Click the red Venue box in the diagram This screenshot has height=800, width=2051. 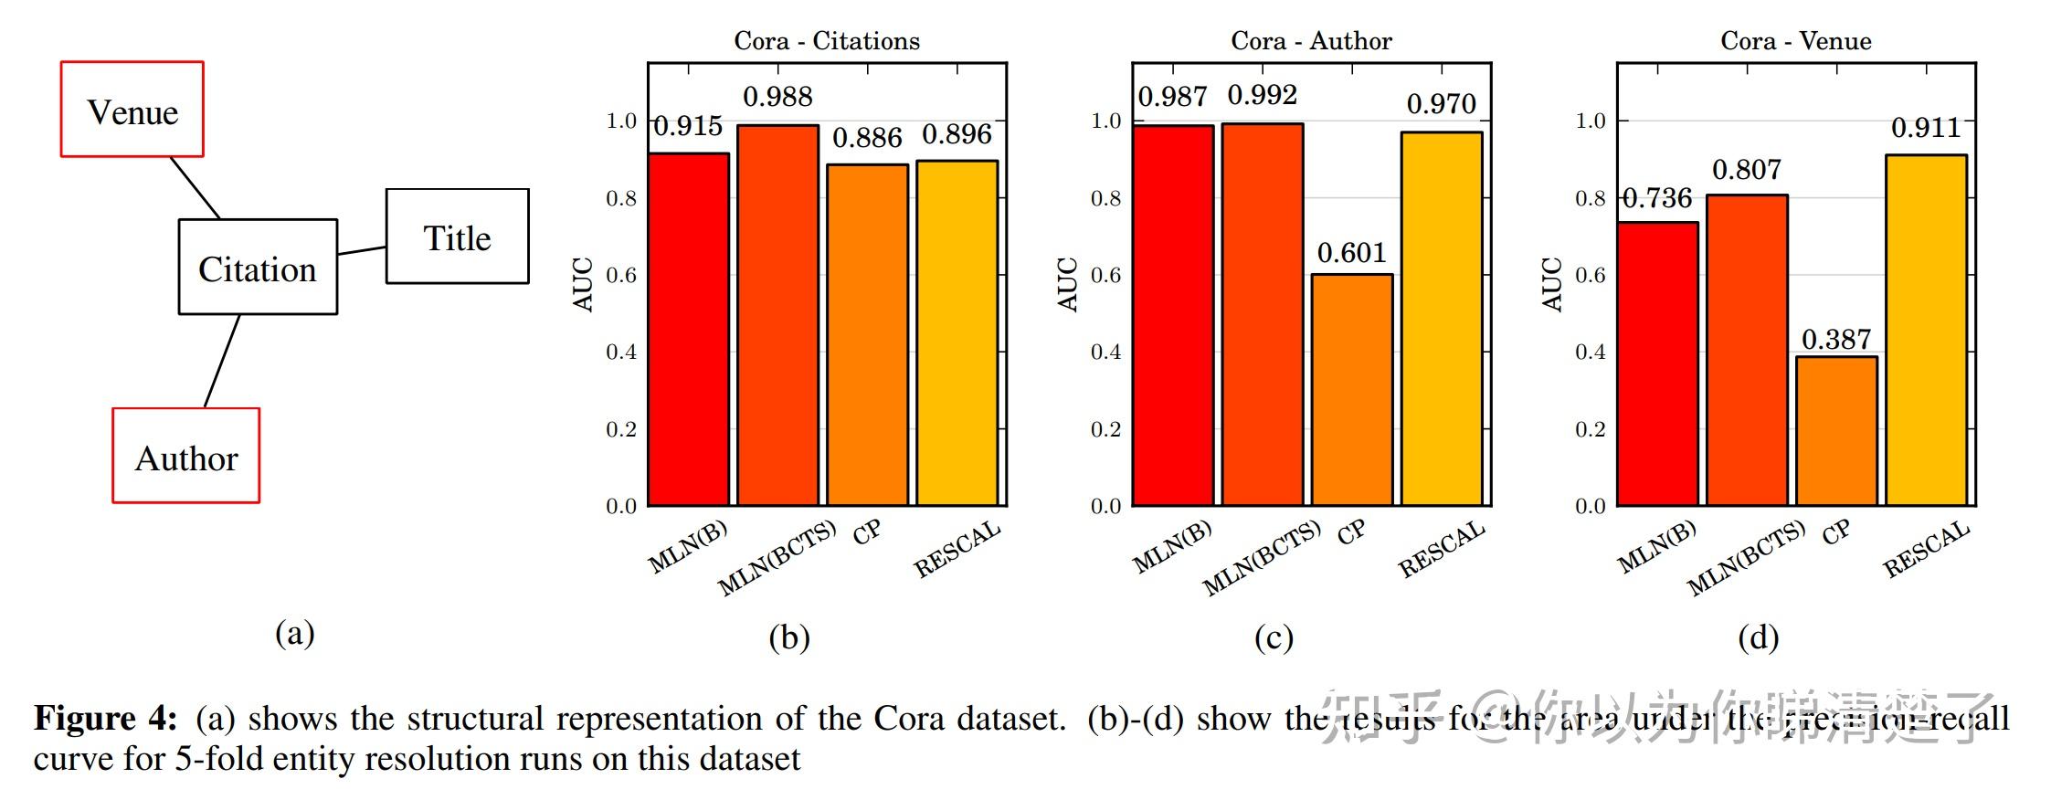coord(132,110)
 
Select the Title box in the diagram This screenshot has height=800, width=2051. coord(457,237)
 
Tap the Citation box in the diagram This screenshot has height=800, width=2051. coord(258,268)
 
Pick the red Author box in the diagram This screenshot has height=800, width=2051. coord(186,456)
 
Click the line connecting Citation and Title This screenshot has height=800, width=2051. coord(362,249)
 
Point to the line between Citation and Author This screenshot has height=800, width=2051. coord(222,361)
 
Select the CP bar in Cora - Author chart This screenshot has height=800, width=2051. coord(1352,390)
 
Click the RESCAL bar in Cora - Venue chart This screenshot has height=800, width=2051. coord(1926,331)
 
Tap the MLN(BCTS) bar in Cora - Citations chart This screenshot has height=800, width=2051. coord(777,315)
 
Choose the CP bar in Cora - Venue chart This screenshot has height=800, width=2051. coord(1836,431)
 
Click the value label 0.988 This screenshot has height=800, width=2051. coord(777,97)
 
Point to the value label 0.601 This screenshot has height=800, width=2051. coord(1351,253)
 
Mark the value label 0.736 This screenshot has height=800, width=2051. coord(1657,198)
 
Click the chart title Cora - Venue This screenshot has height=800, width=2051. coord(1795,41)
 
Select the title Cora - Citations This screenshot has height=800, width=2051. coord(827,41)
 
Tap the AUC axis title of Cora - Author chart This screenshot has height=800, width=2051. coord(1067,284)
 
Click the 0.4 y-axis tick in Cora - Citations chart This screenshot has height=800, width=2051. coord(621,352)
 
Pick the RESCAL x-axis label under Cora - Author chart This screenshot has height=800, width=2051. coord(1441,550)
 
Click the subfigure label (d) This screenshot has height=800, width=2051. coord(1758,637)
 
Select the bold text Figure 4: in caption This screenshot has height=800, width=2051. coord(105,719)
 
